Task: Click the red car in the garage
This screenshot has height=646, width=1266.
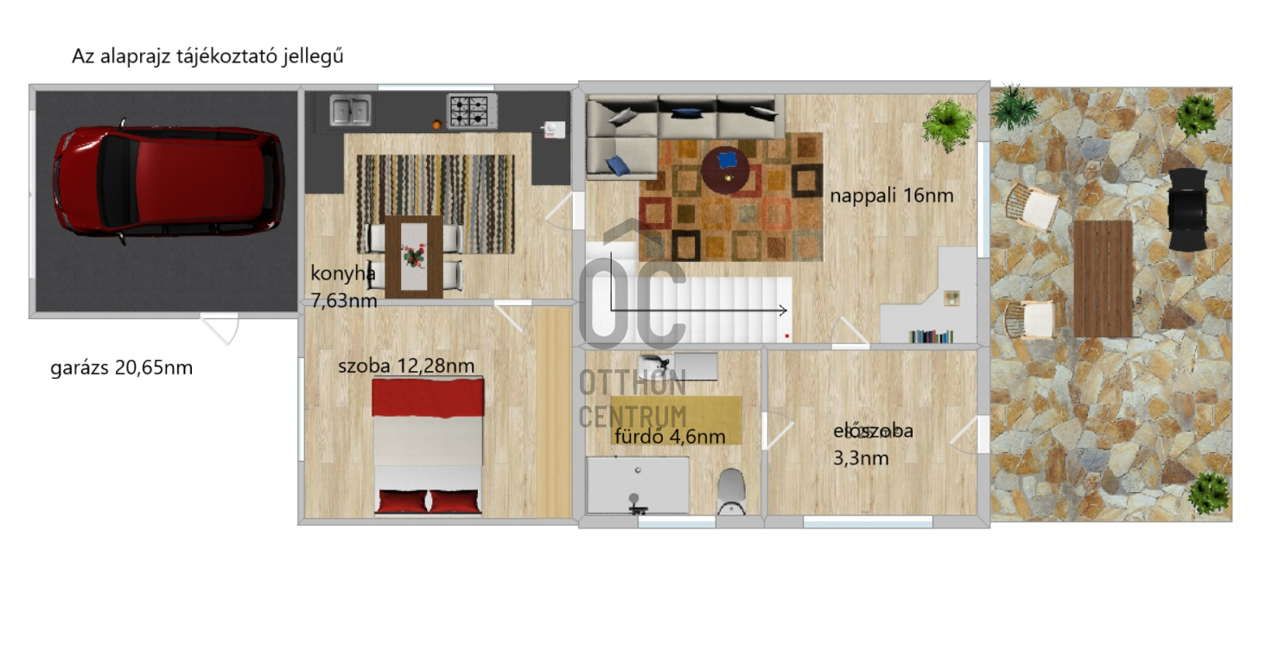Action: click(x=169, y=182)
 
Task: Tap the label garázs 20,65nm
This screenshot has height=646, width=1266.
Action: click(x=122, y=368)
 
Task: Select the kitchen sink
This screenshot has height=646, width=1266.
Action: click(x=350, y=110)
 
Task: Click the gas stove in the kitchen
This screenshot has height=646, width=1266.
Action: click(x=472, y=111)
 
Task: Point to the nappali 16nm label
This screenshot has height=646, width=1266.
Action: click(x=892, y=195)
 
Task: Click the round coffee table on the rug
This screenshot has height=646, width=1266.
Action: click(x=725, y=169)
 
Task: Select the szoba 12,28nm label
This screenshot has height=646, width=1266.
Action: click(x=406, y=365)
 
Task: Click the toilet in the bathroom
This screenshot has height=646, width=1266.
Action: click(x=731, y=490)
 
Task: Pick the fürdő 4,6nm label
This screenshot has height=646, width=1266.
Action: click(x=670, y=437)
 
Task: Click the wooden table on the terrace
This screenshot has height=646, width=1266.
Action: click(x=1103, y=278)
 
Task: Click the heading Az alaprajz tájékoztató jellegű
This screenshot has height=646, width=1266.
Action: click(x=208, y=57)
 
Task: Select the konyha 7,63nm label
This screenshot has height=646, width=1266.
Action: click(x=344, y=287)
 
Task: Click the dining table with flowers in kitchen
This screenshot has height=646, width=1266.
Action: click(x=413, y=256)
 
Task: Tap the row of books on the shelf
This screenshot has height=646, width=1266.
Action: click(x=930, y=336)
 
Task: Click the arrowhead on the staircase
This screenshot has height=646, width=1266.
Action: click(x=782, y=310)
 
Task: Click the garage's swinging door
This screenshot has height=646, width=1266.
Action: click(x=221, y=329)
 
